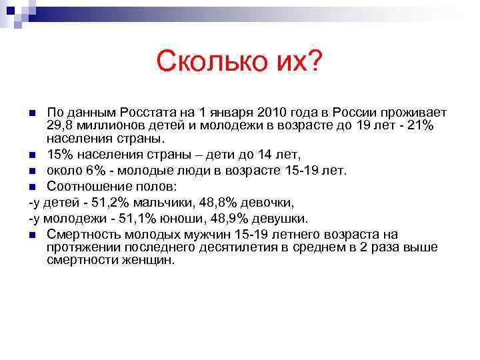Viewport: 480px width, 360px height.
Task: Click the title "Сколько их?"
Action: pos(239,63)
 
